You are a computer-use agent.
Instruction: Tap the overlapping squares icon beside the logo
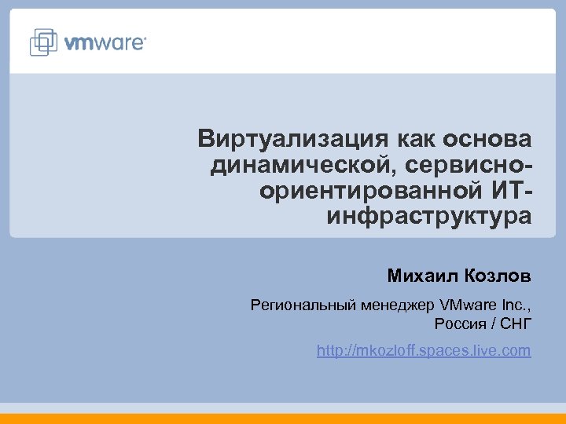pyautogui.click(x=45, y=42)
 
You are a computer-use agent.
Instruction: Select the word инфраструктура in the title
pyautogui.click(x=428, y=216)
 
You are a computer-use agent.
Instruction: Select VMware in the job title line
pyautogui.click(x=469, y=304)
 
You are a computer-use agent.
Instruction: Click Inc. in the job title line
pyautogui.click(x=516, y=304)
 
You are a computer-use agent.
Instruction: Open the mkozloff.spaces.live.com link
pyautogui.click(x=424, y=351)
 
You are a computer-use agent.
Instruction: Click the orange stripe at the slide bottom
pyautogui.click(x=283, y=419)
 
